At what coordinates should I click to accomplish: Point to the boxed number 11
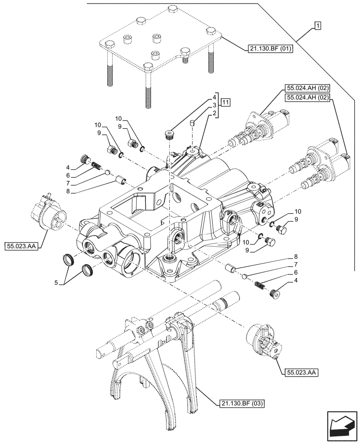point(226,103)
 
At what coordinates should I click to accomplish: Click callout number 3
point(214,105)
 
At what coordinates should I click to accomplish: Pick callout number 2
point(214,113)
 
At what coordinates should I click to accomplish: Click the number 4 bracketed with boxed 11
point(214,97)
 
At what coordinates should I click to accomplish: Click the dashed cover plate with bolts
point(160,47)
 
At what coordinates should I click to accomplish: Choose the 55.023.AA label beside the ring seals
point(22,245)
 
